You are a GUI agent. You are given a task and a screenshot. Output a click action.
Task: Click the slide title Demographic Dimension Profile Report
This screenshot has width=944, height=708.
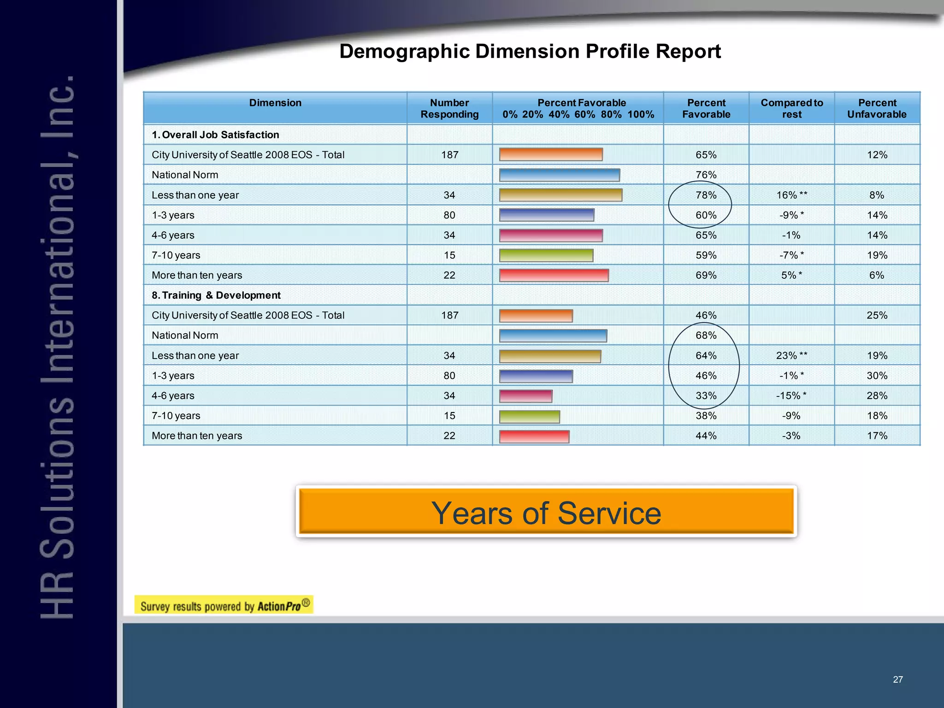[x=530, y=51]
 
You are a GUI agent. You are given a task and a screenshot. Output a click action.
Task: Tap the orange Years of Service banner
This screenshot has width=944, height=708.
[x=546, y=512]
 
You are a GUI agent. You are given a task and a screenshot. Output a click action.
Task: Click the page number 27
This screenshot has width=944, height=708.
[x=897, y=679]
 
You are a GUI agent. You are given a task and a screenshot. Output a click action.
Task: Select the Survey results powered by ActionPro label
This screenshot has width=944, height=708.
[x=224, y=605]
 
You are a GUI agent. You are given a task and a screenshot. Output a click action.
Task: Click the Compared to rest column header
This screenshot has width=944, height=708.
[x=791, y=108]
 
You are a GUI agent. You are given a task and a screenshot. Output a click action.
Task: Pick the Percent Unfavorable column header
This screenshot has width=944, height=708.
[x=877, y=108]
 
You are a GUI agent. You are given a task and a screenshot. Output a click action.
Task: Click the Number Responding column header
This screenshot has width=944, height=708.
[x=449, y=108]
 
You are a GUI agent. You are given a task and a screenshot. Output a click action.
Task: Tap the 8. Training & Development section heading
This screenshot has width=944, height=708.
[x=216, y=295]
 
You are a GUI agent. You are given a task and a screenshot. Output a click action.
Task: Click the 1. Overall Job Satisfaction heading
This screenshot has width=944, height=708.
[x=215, y=135]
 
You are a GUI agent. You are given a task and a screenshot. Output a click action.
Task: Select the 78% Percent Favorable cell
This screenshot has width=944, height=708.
[x=706, y=195]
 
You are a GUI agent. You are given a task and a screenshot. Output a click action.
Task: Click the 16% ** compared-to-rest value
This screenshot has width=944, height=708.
[x=791, y=195]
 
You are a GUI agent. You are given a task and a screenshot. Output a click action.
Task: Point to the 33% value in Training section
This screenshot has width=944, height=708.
[x=706, y=395]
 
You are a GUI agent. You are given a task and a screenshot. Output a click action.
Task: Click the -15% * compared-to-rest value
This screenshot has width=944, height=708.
[x=791, y=395]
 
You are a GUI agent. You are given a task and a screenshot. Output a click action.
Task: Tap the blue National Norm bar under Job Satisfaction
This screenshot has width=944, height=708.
[x=559, y=175]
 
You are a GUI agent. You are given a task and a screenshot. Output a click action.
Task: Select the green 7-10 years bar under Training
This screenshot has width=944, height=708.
[x=529, y=416]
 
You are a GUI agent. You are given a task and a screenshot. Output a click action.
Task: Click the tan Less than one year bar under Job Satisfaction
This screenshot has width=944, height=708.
[x=560, y=195]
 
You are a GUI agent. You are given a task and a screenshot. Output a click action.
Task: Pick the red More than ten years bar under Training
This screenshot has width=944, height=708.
[x=534, y=436]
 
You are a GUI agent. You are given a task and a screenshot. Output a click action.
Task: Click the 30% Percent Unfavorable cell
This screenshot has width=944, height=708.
[x=877, y=376]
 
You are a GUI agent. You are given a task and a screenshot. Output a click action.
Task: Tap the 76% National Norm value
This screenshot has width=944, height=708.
[x=706, y=175]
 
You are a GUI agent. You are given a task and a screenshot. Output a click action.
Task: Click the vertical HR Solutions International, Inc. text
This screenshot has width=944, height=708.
[x=58, y=346]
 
